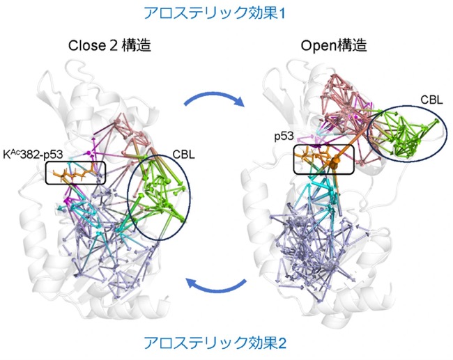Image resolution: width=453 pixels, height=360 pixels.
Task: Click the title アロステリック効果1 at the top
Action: pos(214,13)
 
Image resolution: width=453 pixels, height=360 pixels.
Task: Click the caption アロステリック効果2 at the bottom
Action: pos(215,343)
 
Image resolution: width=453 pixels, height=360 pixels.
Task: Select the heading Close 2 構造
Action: pos(109,45)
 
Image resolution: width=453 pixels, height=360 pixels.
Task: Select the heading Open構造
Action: pos(334,45)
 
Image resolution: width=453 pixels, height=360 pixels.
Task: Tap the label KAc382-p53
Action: pos(33,155)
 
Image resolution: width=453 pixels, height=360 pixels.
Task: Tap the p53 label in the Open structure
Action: pos(284,136)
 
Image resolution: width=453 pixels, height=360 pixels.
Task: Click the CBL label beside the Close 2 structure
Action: pos(184,155)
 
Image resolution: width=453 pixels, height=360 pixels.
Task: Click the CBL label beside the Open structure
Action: pos(431,100)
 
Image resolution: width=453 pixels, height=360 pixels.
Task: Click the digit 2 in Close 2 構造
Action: pos(114,46)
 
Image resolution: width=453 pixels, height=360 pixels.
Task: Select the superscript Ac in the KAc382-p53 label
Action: pos(14,152)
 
